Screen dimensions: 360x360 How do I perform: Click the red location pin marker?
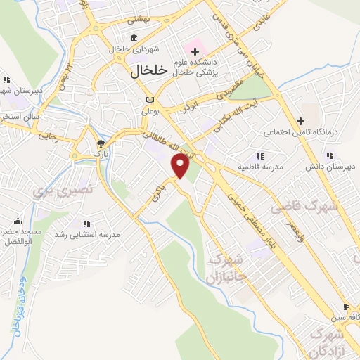(181, 166)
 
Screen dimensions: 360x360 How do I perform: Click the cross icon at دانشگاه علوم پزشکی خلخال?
(195, 50)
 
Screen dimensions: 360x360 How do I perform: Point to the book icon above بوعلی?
(148, 99)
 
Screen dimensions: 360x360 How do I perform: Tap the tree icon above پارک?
(99, 144)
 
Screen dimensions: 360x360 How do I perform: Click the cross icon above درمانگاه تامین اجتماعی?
(300, 120)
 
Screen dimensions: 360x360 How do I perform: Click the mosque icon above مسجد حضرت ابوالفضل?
(18, 220)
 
